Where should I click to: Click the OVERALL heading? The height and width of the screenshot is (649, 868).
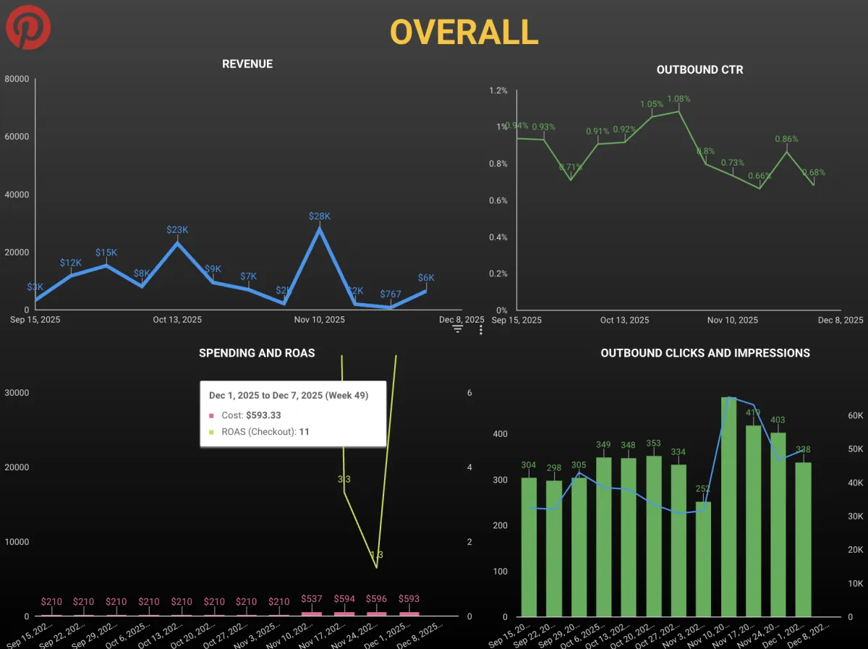[x=464, y=31]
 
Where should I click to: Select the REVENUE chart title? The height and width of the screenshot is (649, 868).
[x=247, y=64]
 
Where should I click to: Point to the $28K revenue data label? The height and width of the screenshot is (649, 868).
[x=319, y=216]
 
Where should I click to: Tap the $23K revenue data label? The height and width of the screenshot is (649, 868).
[x=177, y=229]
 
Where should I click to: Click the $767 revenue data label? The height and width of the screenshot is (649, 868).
[x=391, y=294]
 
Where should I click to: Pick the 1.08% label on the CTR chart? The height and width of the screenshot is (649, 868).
[x=678, y=98]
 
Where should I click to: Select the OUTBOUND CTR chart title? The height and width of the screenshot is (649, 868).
[x=699, y=69]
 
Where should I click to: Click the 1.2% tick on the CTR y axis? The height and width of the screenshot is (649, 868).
[x=498, y=90]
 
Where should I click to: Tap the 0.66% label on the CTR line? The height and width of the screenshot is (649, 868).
[x=759, y=176]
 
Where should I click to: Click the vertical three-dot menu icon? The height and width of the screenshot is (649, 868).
[x=481, y=330]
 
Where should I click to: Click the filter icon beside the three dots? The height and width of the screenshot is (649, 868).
[x=458, y=330]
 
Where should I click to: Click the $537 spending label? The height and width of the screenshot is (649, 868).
[x=312, y=599]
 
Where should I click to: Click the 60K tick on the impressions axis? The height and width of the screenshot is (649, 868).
[x=856, y=415]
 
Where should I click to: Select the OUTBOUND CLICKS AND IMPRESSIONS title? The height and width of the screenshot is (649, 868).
[x=705, y=353]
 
